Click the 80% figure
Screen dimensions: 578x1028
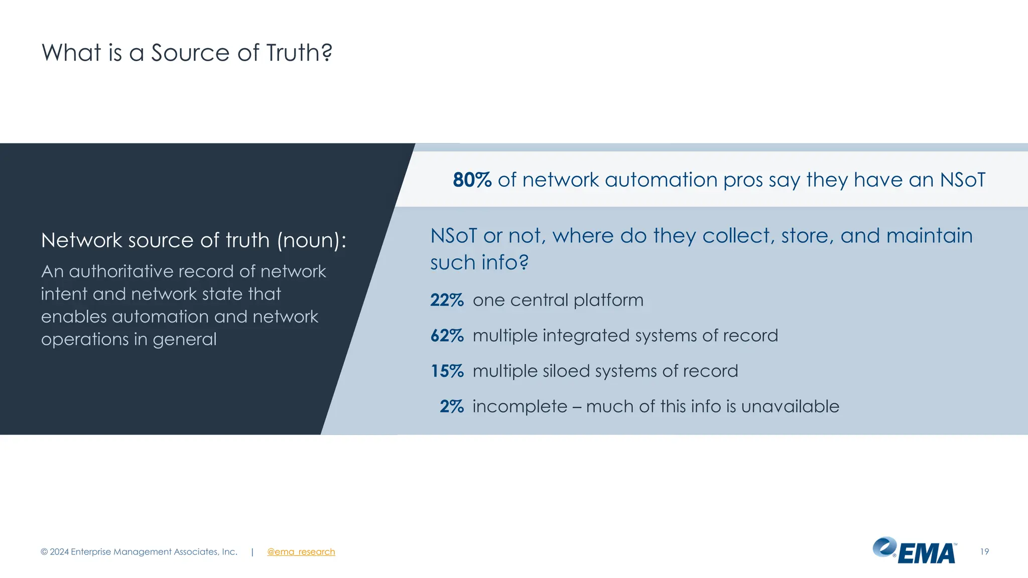472,180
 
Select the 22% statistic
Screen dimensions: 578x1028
447,300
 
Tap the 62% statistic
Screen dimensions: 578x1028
447,336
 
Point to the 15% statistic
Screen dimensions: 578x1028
447,371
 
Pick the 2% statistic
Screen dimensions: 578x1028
451,406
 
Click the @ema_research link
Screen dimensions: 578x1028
301,552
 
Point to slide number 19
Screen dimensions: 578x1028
984,552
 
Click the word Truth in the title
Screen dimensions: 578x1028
299,53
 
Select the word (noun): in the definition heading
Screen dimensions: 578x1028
311,241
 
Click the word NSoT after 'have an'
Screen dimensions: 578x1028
962,180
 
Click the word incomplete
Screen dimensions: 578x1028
520,406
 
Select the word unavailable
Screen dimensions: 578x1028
790,406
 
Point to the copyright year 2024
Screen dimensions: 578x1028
59,552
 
